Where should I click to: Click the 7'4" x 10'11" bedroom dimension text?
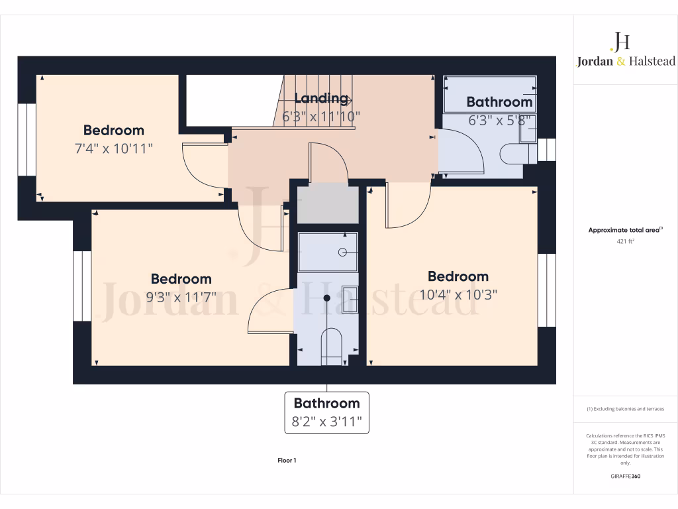coord(113,147)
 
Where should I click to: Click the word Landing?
coord(320,99)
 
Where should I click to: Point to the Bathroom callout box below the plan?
coord(326,412)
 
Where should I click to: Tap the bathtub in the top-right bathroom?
coord(489,94)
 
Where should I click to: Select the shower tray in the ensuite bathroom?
coord(328,252)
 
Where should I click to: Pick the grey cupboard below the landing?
coord(328,205)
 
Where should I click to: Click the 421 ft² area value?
coord(626,242)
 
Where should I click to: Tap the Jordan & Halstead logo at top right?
coord(625,50)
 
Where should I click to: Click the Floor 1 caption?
coord(287,460)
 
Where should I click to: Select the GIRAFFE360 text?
coord(626,476)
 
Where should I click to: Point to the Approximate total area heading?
coord(626,230)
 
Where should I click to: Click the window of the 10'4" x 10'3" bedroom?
coord(546,290)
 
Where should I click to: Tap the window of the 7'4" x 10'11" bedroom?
coord(27,139)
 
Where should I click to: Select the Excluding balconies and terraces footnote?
coord(626,409)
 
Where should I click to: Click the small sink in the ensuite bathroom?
coord(350,299)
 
